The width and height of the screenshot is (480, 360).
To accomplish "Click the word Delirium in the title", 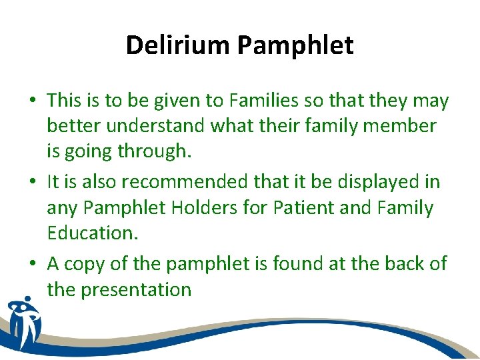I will coord(178,45).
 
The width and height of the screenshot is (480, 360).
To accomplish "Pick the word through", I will coord(154,151).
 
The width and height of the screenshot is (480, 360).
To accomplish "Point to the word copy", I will coord(90,264).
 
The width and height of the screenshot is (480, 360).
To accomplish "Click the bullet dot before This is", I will coord(33,101).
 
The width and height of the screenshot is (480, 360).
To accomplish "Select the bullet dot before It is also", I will coord(33,183).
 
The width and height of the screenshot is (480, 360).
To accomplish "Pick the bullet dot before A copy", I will coord(33,265).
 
